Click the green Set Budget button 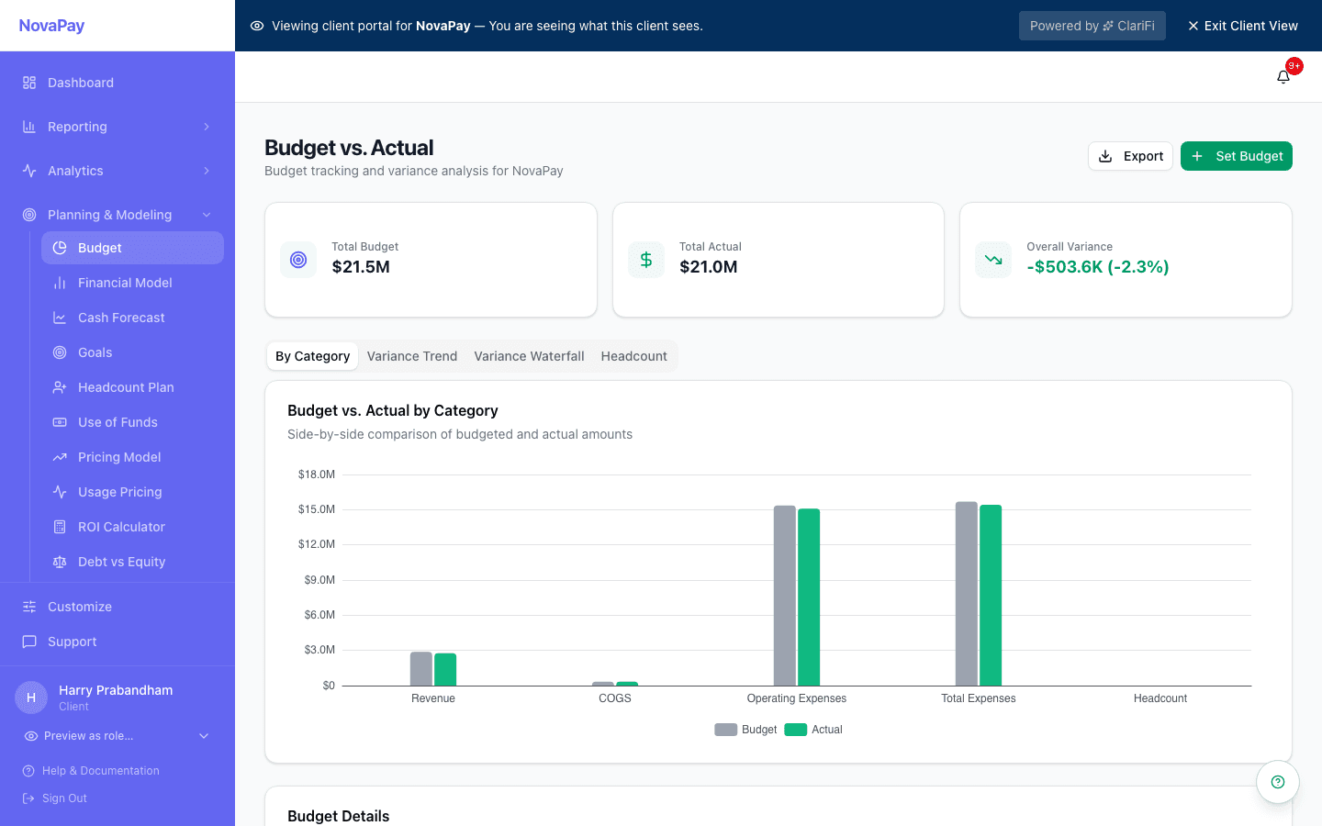pos(1236,156)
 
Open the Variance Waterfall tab pos(529,356)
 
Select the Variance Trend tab pos(411,356)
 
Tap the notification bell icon pos(1283,77)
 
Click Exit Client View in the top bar pos(1243,26)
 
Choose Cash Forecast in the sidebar pos(121,318)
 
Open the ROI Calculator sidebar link pos(121,527)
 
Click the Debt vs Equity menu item pos(121,562)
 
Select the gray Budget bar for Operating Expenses pos(784,596)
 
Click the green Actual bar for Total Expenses pos(991,596)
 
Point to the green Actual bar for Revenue pos(445,670)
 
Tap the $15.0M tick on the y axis pos(317,509)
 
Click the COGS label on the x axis pos(614,698)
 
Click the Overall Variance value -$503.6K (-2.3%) pos(1097,267)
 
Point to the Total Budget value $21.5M pos(361,267)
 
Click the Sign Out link pos(64,798)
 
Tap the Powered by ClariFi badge pos(1092,26)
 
